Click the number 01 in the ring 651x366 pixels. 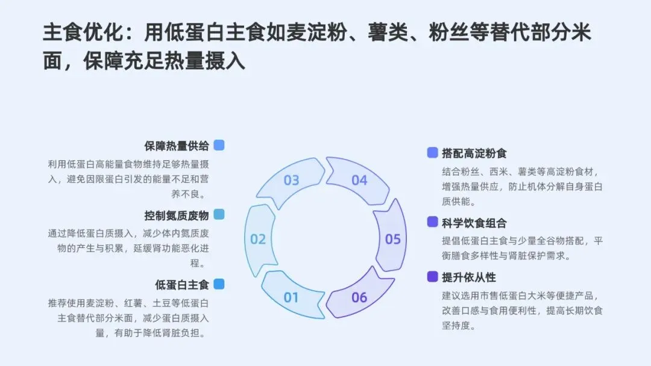[x=291, y=297]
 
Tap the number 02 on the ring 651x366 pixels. [x=258, y=240]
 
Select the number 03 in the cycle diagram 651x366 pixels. [x=291, y=181]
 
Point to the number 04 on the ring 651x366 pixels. [x=359, y=181]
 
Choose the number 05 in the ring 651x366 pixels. [x=393, y=240]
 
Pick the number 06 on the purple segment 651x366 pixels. [x=359, y=297]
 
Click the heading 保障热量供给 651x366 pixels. [x=177, y=146]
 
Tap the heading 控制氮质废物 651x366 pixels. [x=177, y=215]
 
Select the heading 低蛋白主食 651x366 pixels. [x=182, y=284]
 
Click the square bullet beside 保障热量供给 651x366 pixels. [x=219, y=145]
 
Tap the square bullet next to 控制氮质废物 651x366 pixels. [x=219, y=215]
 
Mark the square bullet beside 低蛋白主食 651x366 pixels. [x=219, y=284]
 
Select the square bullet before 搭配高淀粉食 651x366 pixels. [x=432, y=153]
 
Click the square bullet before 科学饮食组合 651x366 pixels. [x=432, y=222]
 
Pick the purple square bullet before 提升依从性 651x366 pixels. [x=432, y=277]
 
